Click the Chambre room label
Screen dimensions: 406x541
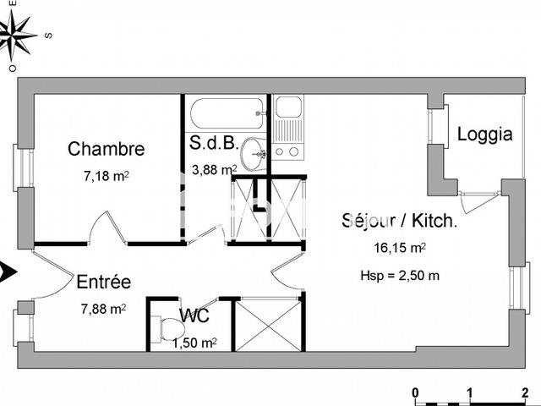(x=106, y=149)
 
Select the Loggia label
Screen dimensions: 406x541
(x=484, y=134)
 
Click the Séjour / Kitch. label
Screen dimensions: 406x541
(x=399, y=222)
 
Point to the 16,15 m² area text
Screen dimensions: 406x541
(x=399, y=249)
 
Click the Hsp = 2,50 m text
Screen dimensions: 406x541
(x=399, y=275)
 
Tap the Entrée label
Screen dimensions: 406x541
(x=103, y=283)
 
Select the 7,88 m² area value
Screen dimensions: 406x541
(x=103, y=309)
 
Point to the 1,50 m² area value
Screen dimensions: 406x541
(x=194, y=343)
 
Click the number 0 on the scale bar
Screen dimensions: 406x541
(x=415, y=392)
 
